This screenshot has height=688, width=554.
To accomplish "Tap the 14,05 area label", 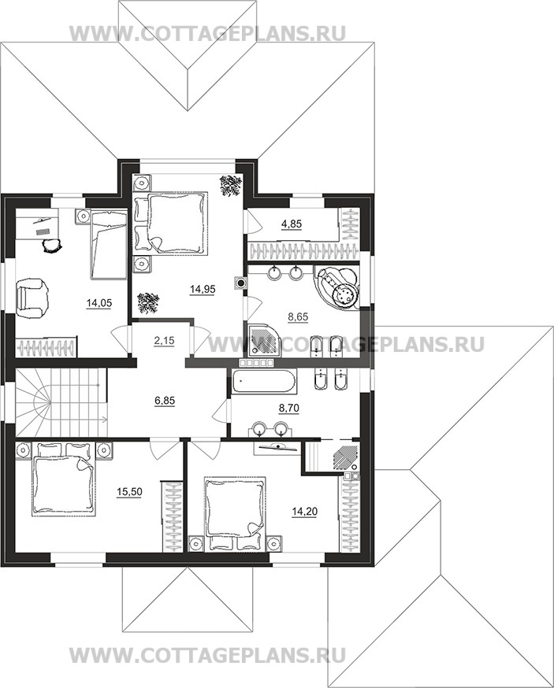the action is pos(99,303).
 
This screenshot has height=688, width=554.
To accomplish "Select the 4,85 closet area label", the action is pos(292,224).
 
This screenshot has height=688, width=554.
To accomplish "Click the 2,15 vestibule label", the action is pos(165,341).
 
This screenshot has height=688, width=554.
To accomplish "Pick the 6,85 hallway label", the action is pos(165,400).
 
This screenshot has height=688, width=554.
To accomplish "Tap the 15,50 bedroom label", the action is pos(129,492).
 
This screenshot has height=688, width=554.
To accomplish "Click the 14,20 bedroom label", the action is pos(305,511).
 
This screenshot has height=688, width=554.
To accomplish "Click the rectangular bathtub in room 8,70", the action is pos(262,380).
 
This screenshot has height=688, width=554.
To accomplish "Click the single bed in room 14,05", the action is pos(109,244).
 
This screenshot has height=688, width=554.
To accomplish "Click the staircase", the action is pos(61,402).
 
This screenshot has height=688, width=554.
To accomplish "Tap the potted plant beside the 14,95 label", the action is pos(148,303).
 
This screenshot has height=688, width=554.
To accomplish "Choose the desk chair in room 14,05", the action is pos(52,245).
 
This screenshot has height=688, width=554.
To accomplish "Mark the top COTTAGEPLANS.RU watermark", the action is pos(208,33).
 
